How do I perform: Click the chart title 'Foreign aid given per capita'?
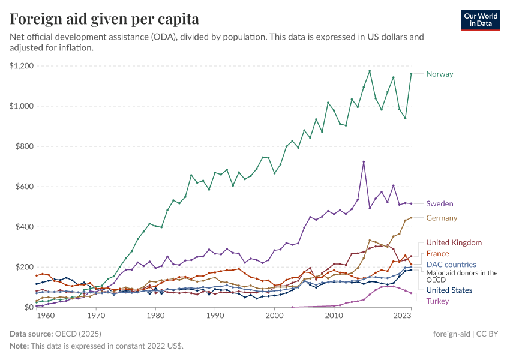point(104,19)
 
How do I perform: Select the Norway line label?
point(439,74)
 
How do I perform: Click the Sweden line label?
point(440,204)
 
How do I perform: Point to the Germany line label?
point(442,218)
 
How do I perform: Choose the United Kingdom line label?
point(454,242)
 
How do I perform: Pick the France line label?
point(437,254)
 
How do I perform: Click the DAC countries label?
point(451,265)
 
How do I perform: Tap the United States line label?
point(449,290)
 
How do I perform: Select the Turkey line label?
point(437,301)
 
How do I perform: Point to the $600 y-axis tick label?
point(23,187)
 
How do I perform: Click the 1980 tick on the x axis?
point(155,315)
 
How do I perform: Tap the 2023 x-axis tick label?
point(403,315)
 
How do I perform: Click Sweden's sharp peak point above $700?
point(364,161)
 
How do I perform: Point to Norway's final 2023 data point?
point(411,74)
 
